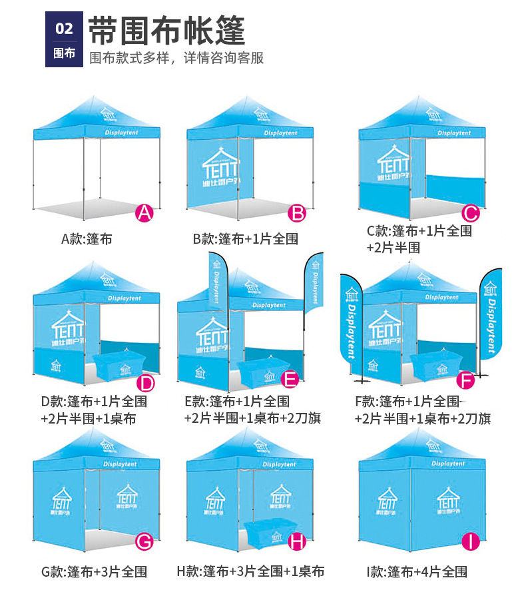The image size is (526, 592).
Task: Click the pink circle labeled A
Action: click(x=144, y=213)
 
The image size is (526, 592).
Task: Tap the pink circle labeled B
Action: click(x=298, y=213)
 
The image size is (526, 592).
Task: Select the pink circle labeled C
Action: click(x=471, y=213)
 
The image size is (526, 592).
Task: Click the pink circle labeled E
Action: click(x=290, y=380)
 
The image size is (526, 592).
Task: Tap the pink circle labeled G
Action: click(x=144, y=541)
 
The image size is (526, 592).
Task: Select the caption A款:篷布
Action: click(x=87, y=238)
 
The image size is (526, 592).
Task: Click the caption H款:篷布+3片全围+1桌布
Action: click(x=250, y=571)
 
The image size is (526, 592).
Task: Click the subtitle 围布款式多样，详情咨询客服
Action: click(x=177, y=57)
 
